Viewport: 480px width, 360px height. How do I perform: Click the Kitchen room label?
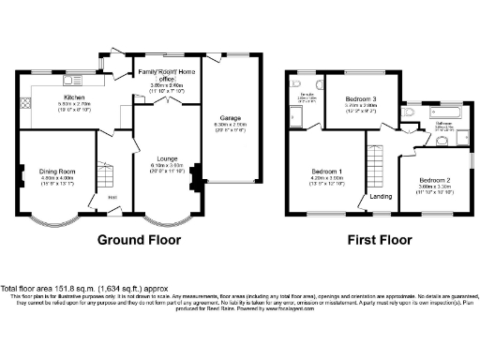pyautogui.click(x=74, y=97)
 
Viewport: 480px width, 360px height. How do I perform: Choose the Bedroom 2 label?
pyautogui.click(x=435, y=179)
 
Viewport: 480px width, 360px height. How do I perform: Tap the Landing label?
pyautogui.click(x=382, y=196)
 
